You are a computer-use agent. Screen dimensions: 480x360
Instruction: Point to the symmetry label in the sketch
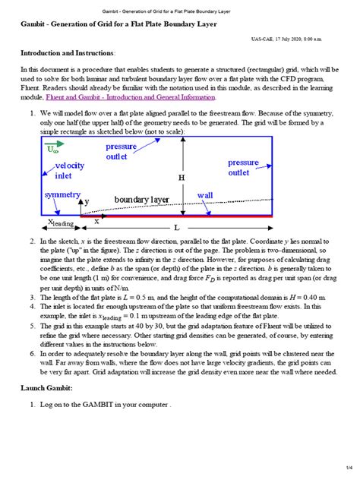coord(62,195)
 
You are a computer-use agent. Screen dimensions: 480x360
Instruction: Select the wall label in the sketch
coord(205,195)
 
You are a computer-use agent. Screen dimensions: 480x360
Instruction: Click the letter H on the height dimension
coord(182,177)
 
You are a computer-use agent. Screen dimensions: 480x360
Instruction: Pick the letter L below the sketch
coord(177,227)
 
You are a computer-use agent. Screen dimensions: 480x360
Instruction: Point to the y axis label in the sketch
coord(87,202)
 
